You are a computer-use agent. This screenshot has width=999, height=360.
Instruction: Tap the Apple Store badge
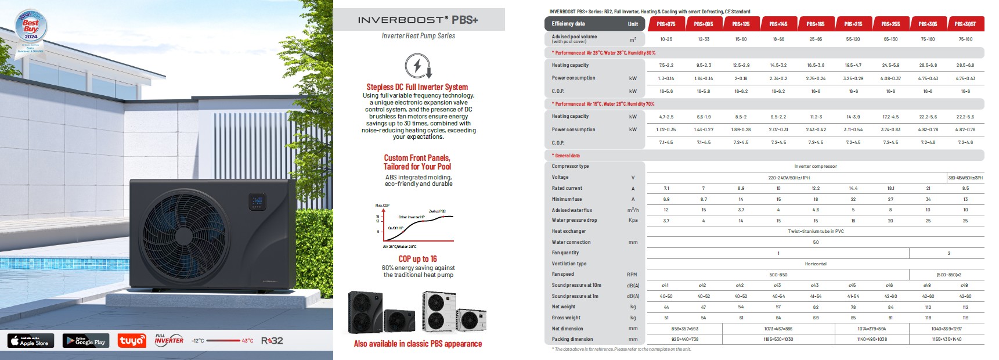tap(31, 341)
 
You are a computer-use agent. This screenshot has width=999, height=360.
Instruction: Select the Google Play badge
tap(86, 341)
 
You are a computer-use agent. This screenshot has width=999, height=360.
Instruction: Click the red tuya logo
tap(132, 341)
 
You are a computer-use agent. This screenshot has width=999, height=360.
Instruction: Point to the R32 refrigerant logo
tap(272, 341)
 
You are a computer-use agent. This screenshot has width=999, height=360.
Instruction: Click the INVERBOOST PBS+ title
tap(418, 20)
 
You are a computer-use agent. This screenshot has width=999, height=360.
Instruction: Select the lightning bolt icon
tap(418, 66)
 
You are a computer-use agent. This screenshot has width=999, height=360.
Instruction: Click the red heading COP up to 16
tap(417, 259)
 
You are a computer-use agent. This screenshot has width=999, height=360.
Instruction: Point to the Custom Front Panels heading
tap(417, 162)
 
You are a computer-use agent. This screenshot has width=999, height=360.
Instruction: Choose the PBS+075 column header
tap(666, 24)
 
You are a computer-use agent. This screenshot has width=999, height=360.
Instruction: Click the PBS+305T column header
tap(965, 24)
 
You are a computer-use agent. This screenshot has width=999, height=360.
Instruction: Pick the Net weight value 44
tap(666, 307)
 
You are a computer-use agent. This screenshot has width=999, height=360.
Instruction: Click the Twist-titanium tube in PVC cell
tap(816, 231)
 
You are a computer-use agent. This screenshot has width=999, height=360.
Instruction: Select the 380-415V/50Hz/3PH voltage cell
tap(965, 178)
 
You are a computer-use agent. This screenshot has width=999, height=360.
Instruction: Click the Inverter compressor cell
tap(816, 167)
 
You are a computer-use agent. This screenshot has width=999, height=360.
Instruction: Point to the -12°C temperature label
tap(198, 341)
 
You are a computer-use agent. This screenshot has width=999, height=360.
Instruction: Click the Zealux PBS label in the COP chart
tap(437, 211)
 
